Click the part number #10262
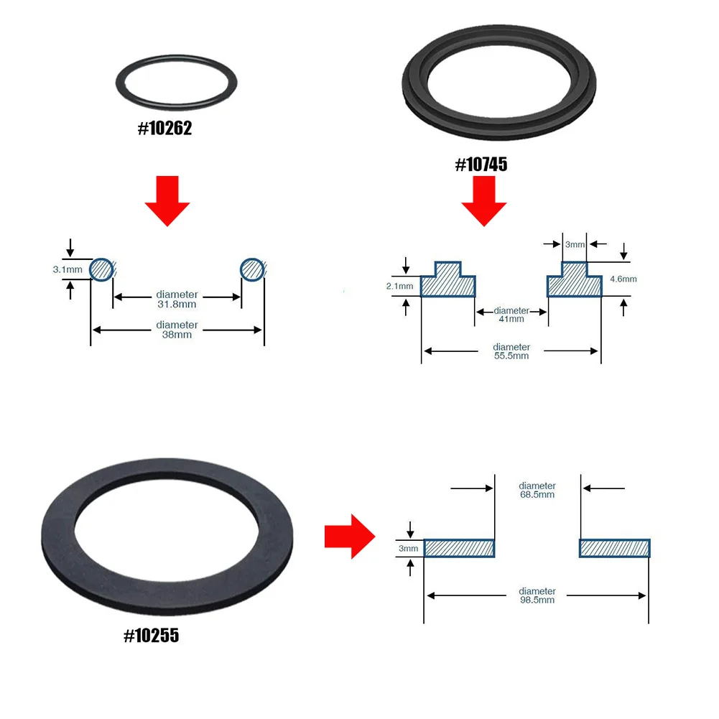[x=164, y=130]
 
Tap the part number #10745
[x=481, y=165]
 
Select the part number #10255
[x=152, y=636]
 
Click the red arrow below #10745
[x=484, y=200]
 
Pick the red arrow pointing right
[x=350, y=535]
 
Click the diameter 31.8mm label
[x=177, y=300]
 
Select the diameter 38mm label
[x=177, y=330]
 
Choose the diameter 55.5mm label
[x=511, y=351]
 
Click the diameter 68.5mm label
[x=537, y=490]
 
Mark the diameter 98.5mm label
[x=537, y=595]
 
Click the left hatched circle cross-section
[x=102, y=269]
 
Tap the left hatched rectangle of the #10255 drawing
[x=459, y=548]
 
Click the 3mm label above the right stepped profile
[x=574, y=245]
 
